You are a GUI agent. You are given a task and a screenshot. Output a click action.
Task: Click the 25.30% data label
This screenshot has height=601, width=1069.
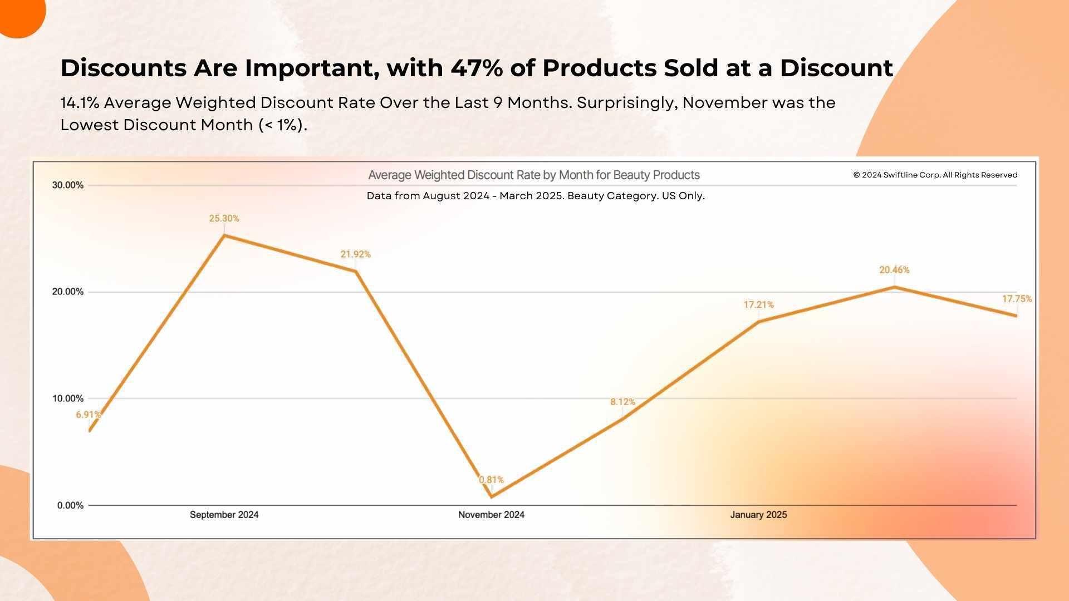point(224,219)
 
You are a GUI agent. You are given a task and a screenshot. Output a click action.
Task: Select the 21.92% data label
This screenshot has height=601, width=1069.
point(355,254)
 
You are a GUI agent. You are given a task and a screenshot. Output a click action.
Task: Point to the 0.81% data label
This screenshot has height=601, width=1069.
point(491,480)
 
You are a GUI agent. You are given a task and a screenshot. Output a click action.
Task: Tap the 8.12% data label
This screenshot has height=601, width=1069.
point(622,402)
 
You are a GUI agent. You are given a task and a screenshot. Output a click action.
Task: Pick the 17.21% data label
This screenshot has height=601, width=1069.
point(758,305)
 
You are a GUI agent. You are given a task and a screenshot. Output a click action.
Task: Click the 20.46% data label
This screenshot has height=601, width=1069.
point(894,270)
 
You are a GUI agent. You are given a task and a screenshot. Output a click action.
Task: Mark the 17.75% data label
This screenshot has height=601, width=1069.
point(1017,299)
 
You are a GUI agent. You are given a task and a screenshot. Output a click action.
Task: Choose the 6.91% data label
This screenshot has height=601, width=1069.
point(89,415)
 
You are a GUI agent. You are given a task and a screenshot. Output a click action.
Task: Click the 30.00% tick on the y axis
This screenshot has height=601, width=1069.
point(68,185)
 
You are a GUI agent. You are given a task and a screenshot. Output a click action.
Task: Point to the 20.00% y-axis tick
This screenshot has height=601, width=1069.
point(68,292)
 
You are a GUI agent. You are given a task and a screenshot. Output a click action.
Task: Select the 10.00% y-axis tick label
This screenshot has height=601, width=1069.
point(68,398)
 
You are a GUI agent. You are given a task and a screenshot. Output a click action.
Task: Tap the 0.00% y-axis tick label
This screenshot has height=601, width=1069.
point(70,505)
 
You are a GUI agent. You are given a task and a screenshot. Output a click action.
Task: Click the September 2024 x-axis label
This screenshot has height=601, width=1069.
point(224,515)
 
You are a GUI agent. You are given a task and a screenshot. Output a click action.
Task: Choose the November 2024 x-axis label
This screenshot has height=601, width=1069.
point(491,515)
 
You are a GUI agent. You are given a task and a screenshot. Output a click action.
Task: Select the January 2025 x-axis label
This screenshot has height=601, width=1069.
point(758,515)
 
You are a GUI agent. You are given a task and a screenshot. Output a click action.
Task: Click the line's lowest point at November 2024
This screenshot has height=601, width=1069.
point(491,496)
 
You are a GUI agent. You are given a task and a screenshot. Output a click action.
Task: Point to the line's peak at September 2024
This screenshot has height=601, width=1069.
point(224,235)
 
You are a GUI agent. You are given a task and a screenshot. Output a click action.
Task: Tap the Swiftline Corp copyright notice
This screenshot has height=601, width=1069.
point(935,175)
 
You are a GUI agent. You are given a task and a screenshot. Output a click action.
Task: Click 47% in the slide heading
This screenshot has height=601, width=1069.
point(474,68)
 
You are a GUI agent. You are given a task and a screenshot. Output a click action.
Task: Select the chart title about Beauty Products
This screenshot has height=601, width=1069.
point(534,175)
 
